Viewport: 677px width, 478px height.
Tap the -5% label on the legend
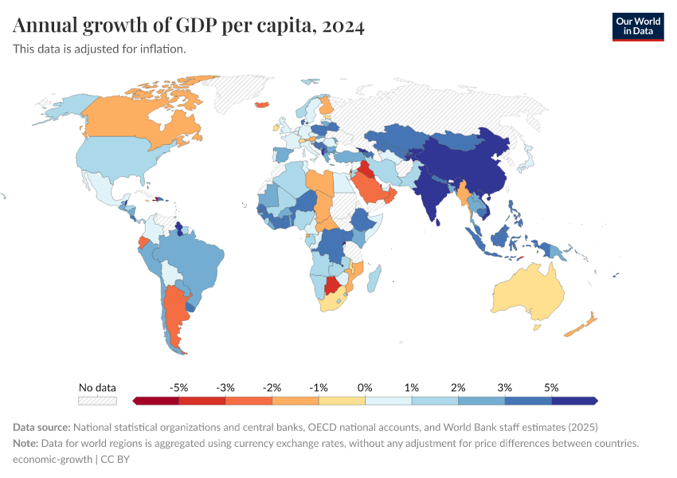tap(179, 387)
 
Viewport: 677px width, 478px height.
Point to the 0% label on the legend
tap(366, 387)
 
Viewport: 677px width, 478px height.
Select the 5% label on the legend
tap(552, 387)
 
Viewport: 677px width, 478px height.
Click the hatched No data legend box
tap(97, 401)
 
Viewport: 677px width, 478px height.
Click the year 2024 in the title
tap(344, 26)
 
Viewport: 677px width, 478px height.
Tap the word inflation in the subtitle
tap(163, 49)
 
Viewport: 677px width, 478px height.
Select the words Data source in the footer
tap(41, 427)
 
